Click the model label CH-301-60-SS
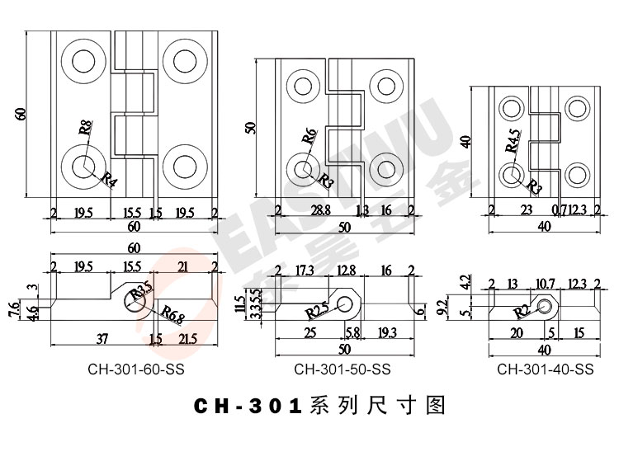[x=135, y=370]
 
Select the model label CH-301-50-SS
[x=342, y=370]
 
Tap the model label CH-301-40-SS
[x=545, y=370]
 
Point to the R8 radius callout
[x=86, y=128]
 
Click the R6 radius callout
[x=309, y=137]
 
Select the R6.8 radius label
[x=173, y=313]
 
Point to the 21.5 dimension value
[x=188, y=339]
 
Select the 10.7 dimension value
[x=546, y=285]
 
